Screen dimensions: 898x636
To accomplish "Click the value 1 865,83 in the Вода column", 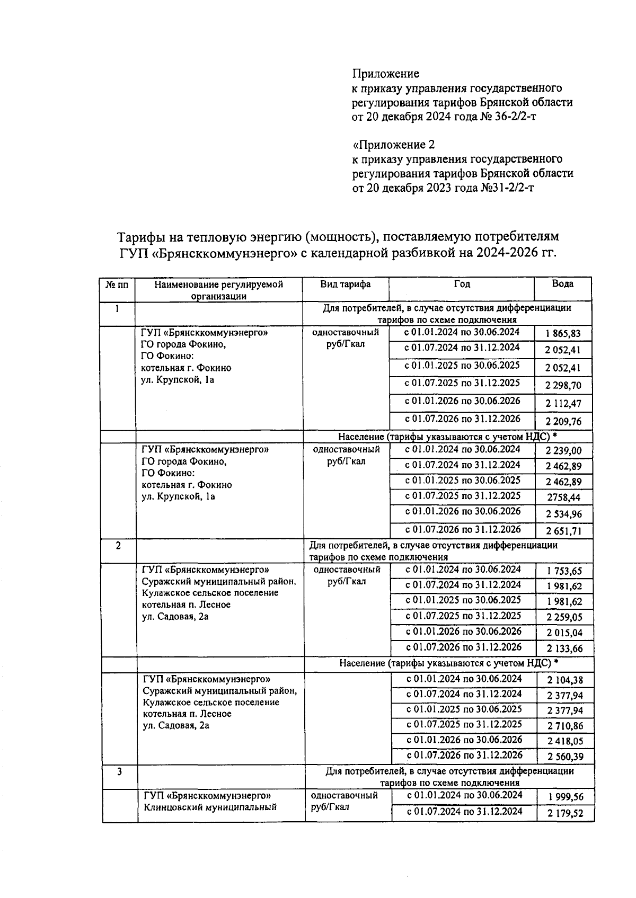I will click(563, 334).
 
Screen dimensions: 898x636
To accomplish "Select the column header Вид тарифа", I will click(345, 284).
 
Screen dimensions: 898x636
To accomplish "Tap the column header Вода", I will click(562, 284).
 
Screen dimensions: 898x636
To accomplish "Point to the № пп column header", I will click(117, 284).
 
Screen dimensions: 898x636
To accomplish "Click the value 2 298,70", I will click(563, 386).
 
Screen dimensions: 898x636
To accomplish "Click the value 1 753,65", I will click(564, 571).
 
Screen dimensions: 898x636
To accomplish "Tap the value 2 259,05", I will click(564, 617).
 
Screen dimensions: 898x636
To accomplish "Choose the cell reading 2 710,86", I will click(565, 726).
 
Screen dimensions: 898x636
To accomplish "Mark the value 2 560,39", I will click(565, 757).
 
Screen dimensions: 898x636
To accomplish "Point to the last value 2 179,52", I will click(566, 813).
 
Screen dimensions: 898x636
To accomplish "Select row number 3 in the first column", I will click(119, 772).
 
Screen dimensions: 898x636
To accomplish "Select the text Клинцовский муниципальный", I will click(210, 807).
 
